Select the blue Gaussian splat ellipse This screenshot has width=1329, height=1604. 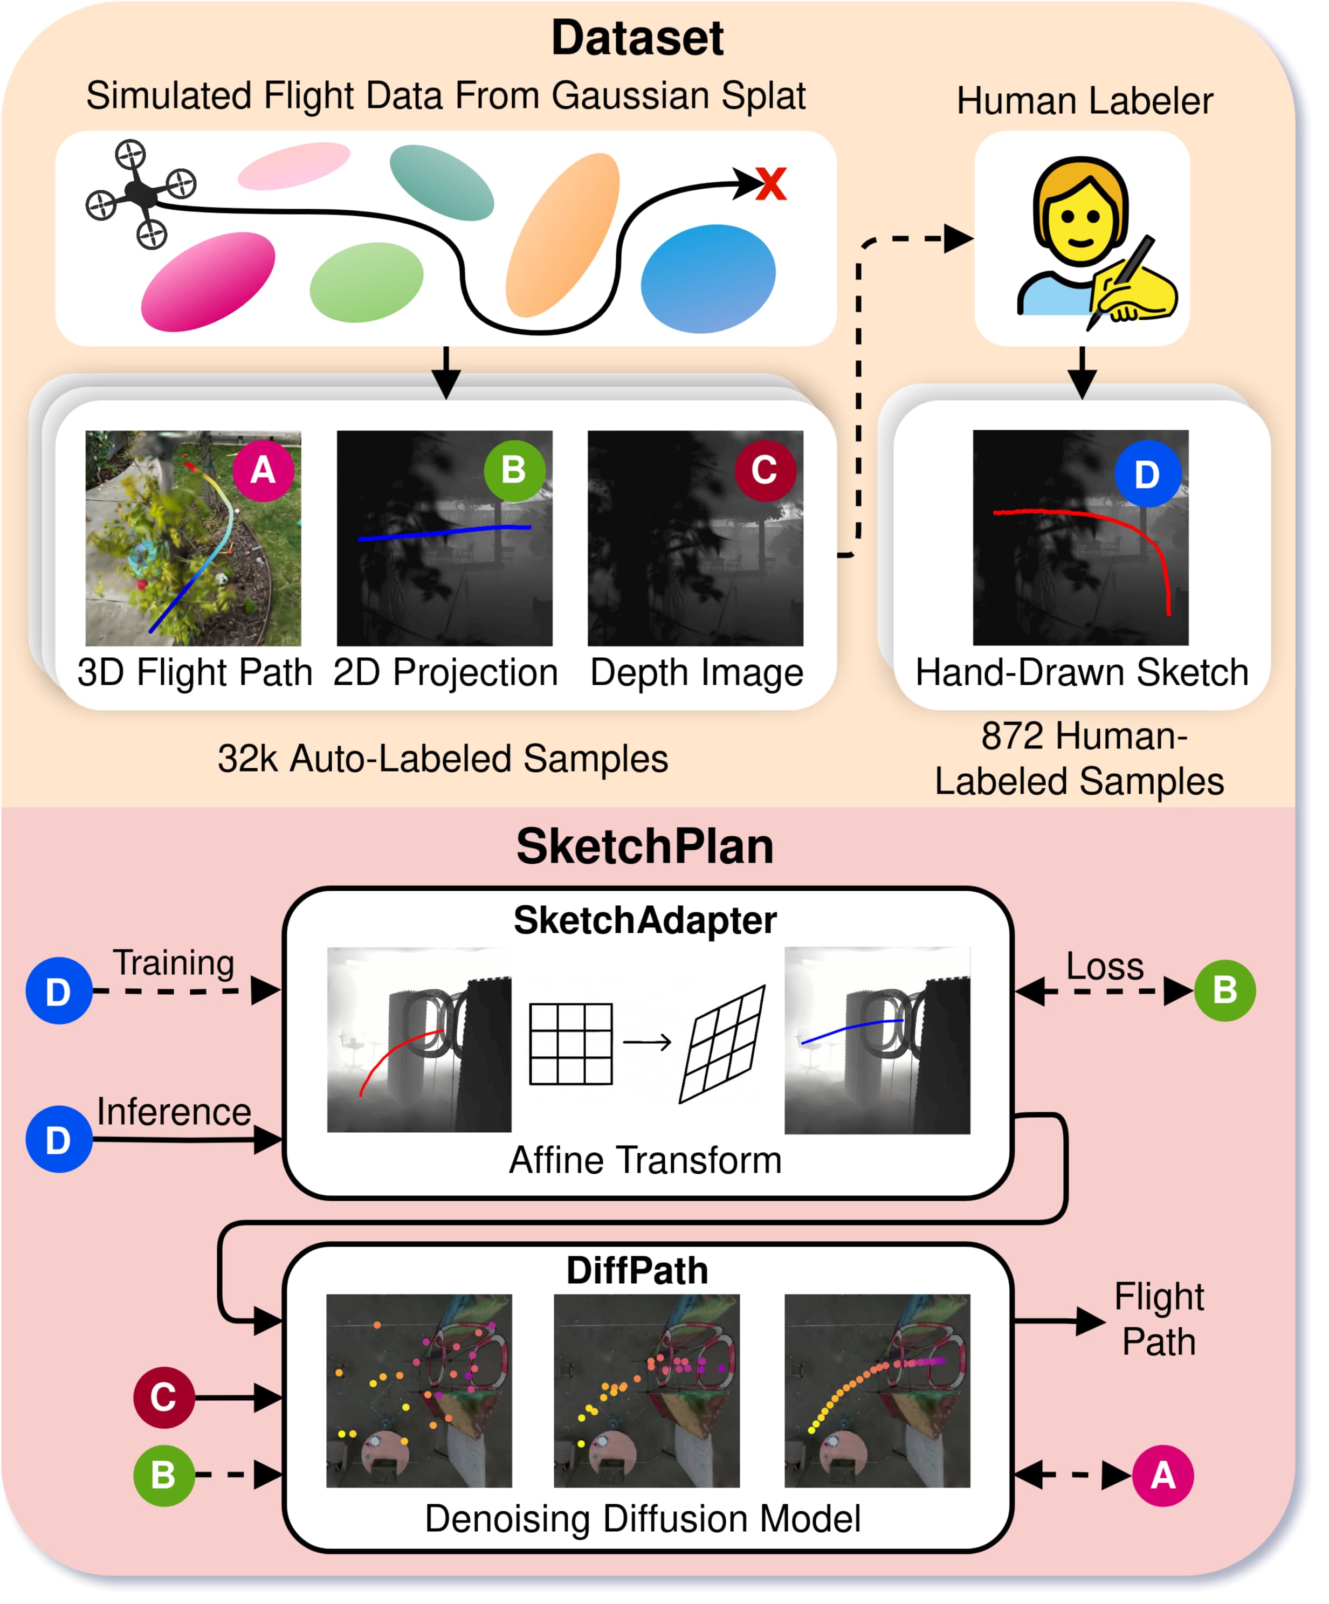[708, 278]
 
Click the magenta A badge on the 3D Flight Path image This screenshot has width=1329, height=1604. [263, 470]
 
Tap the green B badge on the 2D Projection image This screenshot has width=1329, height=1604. [514, 470]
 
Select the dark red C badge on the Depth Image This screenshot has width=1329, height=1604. [765, 470]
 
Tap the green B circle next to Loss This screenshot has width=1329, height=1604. [1224, 990]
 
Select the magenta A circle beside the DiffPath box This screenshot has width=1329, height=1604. [1162, 1475]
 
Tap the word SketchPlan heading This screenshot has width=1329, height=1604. [645, 846]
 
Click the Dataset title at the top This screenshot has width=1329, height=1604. [637, 38]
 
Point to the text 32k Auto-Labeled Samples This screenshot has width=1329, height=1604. [443, 759]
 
